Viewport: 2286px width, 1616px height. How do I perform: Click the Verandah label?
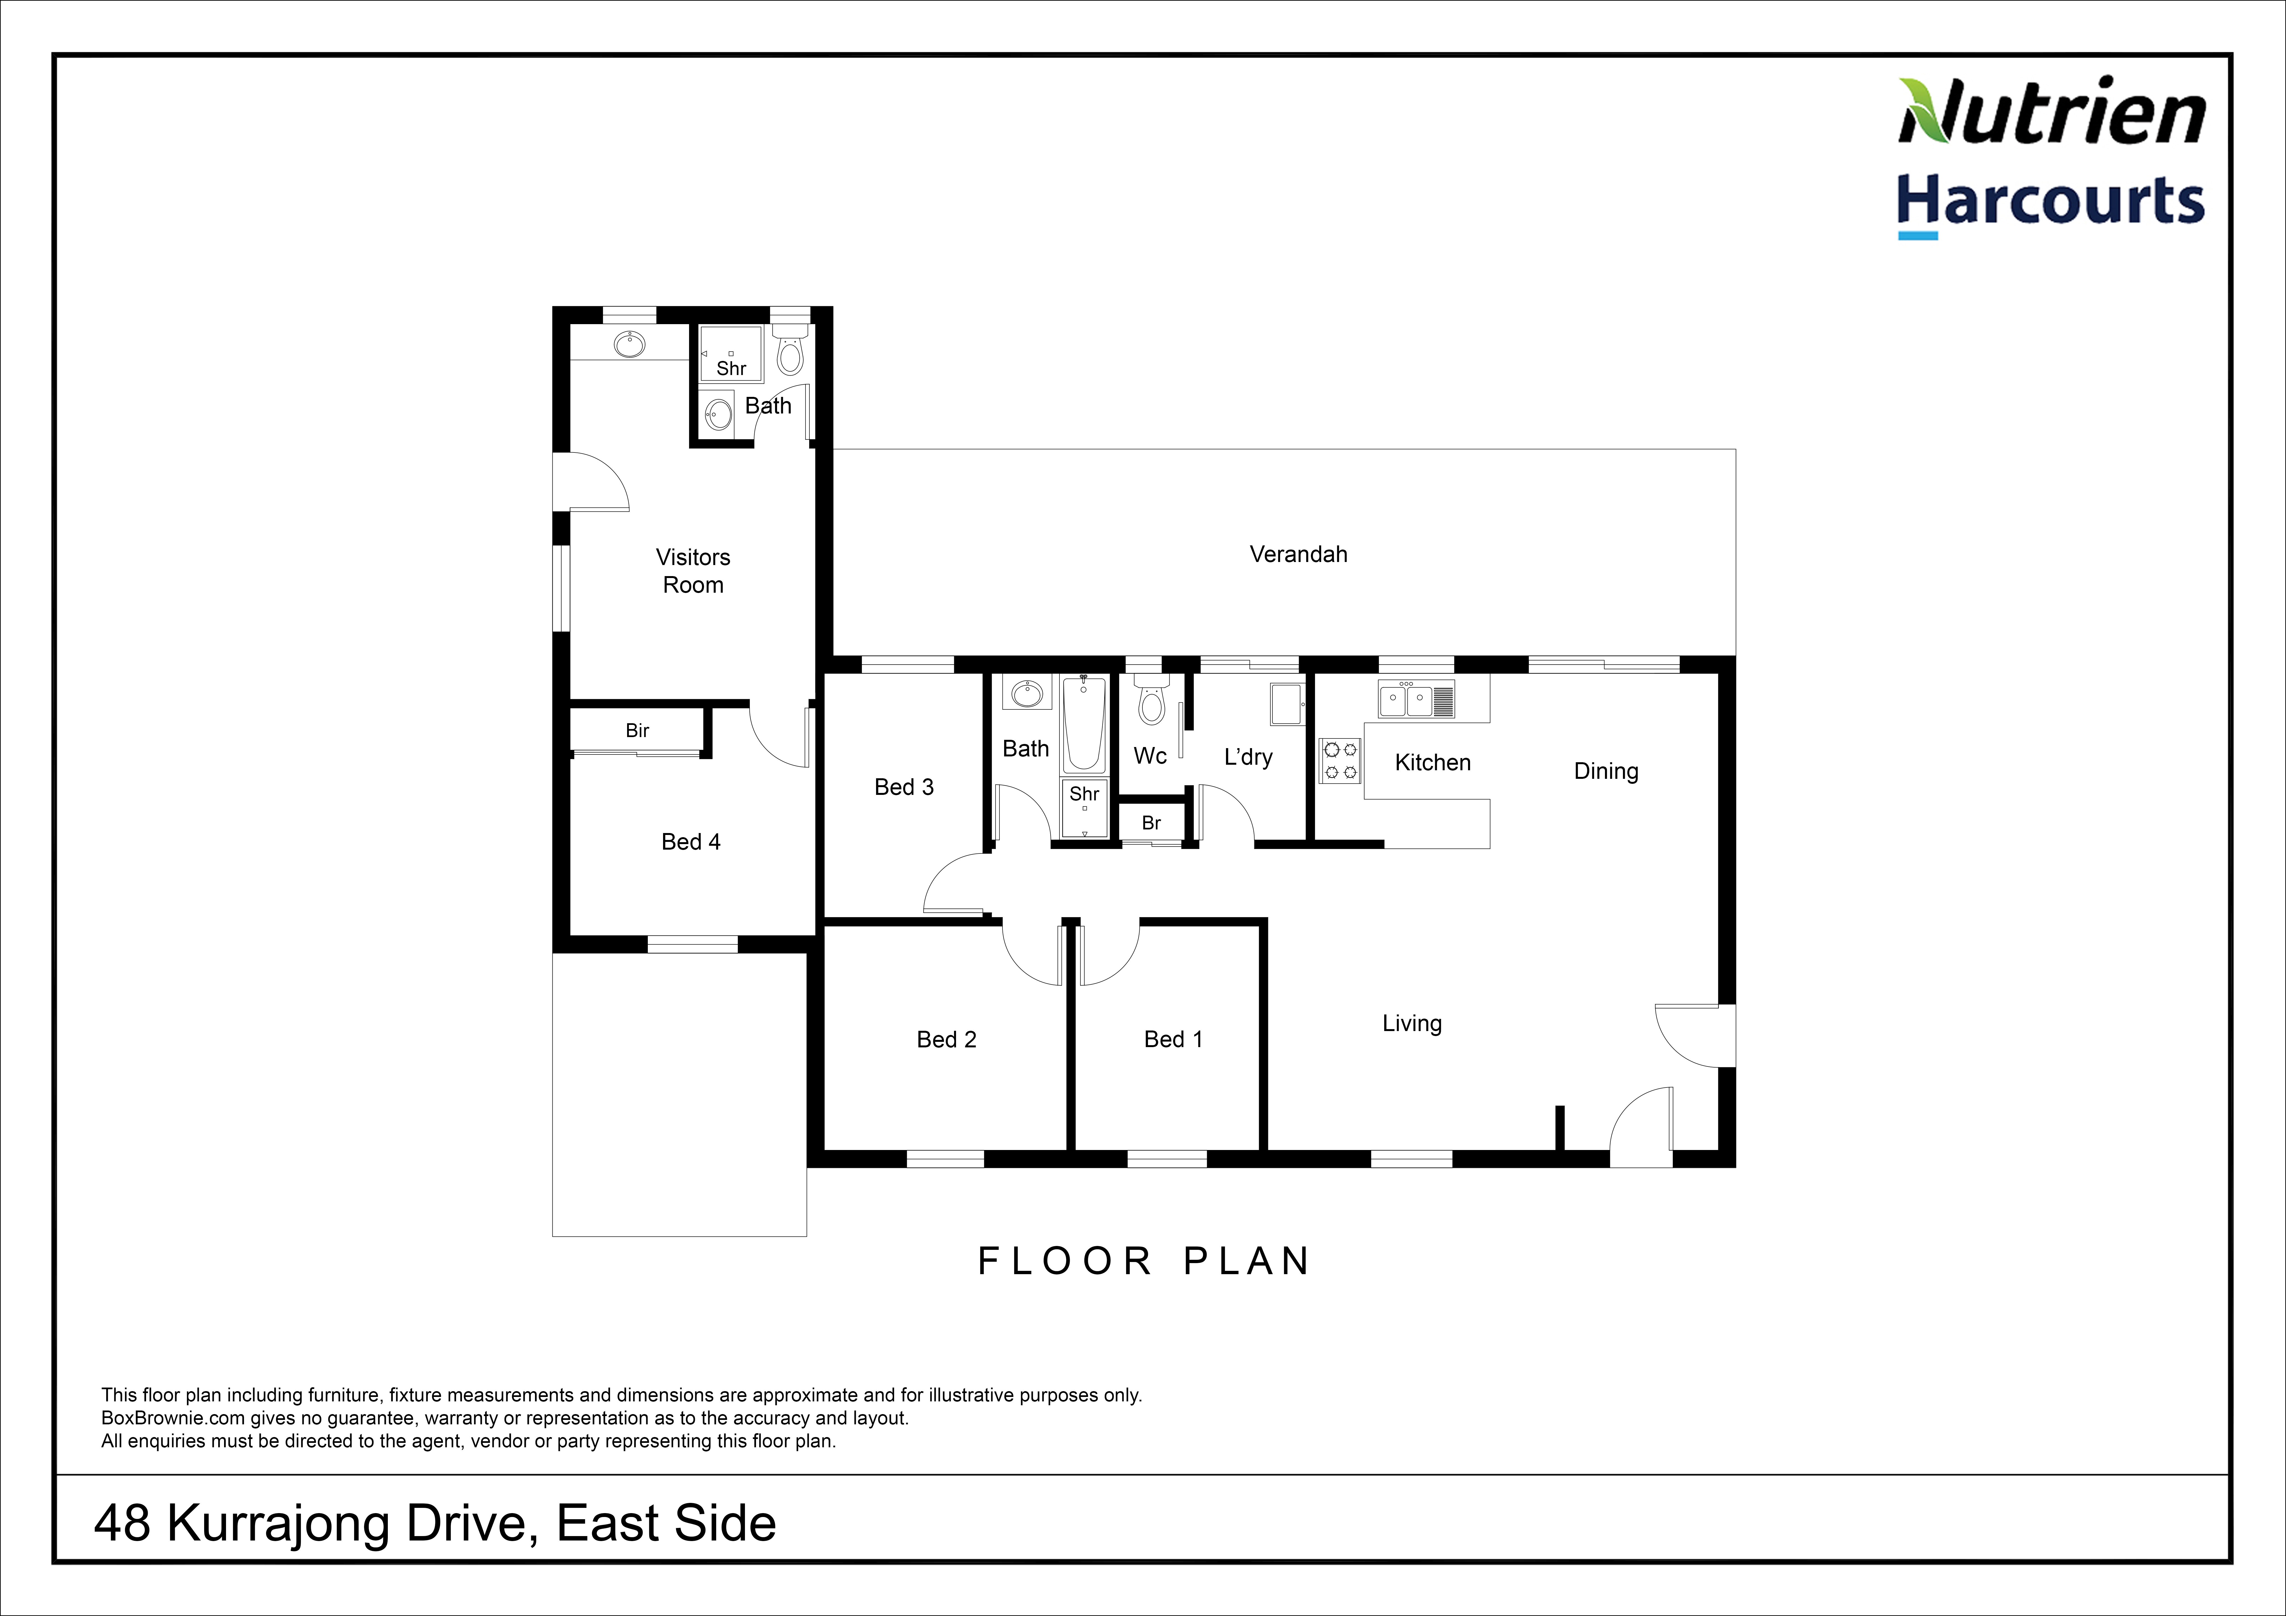point(1298,555)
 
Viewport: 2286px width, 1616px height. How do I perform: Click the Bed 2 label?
point(947,1040)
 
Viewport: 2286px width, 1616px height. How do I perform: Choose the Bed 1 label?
point(1174,1040)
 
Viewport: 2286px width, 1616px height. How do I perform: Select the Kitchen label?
point(1433,763)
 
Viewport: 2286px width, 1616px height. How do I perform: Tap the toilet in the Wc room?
point(1151,702)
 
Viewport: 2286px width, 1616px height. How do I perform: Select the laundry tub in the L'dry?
point(1287,704)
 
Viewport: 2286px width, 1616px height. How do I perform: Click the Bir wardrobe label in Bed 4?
point(637,731)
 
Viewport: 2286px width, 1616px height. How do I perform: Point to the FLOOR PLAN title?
point(1144,1261)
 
